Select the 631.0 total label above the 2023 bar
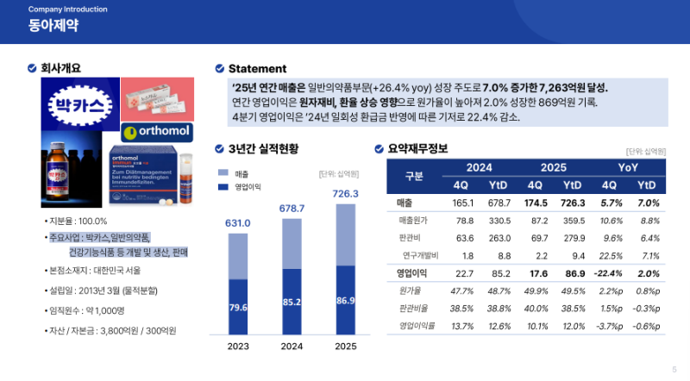click(x=238, y=223)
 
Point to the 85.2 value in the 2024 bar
click(x=292, y=303)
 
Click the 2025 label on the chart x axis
click(x=345, y=347)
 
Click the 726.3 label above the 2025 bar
click(x=345, y=194)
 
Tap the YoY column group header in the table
click(x=628, y=166)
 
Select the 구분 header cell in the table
click(x=414, y=176)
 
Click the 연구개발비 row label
click(x=420, y=255)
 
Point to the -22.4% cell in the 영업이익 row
click(x=609, y=273)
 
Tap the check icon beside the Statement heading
click(x=220, y=69)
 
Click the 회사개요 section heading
click(x=66, y=68)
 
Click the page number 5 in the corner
click(x=674, y=369)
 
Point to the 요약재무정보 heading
click(x=417, y=148)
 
